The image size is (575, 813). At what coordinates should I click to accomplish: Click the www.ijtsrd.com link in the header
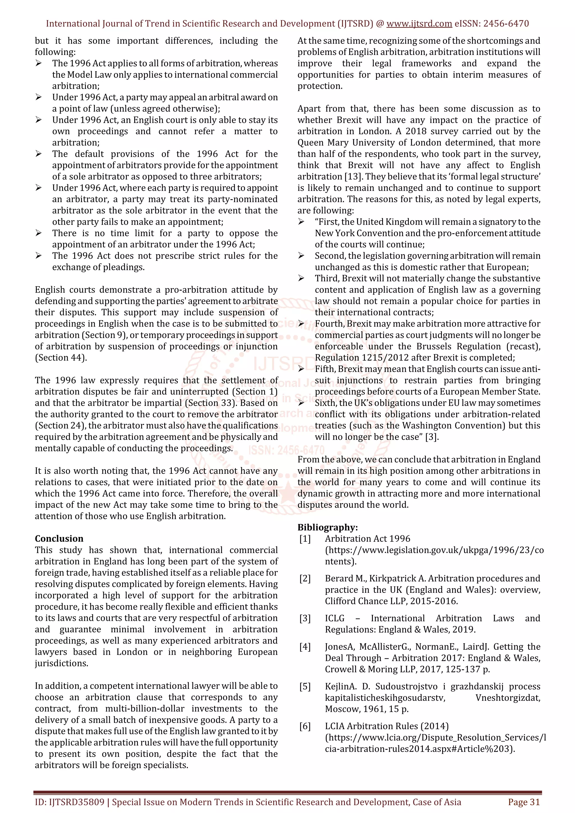419,24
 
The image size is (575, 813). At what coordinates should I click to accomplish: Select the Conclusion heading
59,539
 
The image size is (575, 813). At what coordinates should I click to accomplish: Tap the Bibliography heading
327,527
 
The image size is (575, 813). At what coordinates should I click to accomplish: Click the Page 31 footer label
524,802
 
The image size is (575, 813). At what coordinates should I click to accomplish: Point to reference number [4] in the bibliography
305,647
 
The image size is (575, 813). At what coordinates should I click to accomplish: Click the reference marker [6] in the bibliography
305,726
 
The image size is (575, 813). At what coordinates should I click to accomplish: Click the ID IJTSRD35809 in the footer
69,802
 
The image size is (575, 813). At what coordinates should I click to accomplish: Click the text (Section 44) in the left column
61,358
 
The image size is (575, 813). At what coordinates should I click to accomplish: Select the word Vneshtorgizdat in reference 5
507,698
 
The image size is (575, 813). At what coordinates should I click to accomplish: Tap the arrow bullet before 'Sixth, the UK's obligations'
301,403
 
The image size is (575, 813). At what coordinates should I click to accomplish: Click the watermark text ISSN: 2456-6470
286,451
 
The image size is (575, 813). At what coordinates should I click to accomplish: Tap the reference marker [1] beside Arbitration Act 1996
305,539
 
